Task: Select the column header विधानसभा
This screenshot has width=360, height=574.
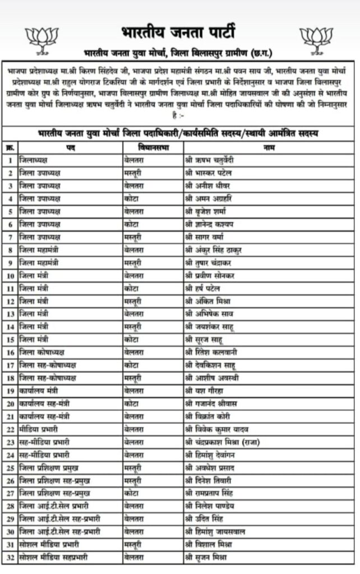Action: (153, 147)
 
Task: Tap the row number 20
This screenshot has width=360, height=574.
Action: (10, 404)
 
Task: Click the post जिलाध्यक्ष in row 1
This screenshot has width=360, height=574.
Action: (36, 160)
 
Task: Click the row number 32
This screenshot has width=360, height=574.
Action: (10, 557)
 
